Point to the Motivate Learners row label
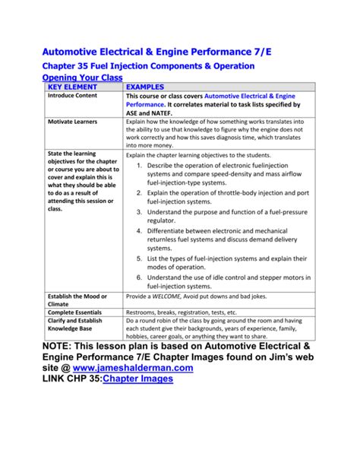tap(74, 122)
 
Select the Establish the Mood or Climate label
tap(77, 300)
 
